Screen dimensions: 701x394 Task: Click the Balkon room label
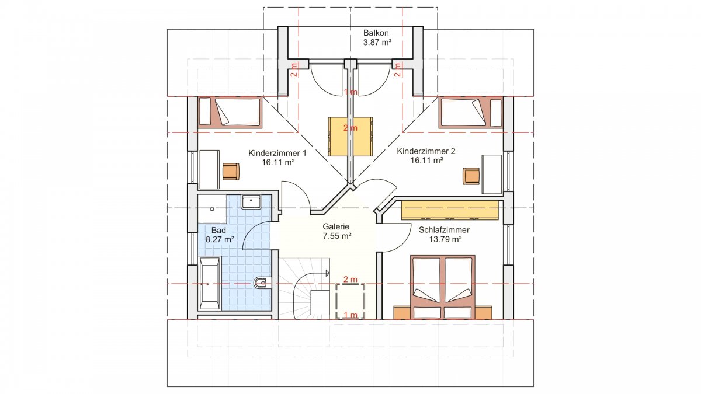(376, 33)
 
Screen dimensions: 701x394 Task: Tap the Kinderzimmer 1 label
(277, 153)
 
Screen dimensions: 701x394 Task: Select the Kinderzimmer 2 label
(426, 151)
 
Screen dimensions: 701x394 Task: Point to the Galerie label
(336, 226)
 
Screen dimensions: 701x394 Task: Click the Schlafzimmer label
(444, 230)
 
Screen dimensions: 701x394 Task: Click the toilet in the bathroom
(260, 283)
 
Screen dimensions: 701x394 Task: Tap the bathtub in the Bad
(209, 283)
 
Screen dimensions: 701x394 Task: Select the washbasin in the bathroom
(251, 202)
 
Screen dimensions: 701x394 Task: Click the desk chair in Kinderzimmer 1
(231, 172)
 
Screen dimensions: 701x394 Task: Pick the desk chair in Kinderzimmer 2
(471, 176)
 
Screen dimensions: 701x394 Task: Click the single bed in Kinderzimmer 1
(230, 113)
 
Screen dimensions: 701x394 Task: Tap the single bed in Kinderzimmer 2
(470, 113)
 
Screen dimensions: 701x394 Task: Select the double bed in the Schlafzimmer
(443, 287)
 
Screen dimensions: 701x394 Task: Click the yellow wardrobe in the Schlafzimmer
(450, 211)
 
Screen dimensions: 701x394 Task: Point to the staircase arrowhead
(328, 273)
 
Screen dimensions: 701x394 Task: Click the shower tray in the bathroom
(212, 209)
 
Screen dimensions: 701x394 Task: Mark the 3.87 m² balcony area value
(377, 42)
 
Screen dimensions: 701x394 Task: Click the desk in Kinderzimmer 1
(209, 170)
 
